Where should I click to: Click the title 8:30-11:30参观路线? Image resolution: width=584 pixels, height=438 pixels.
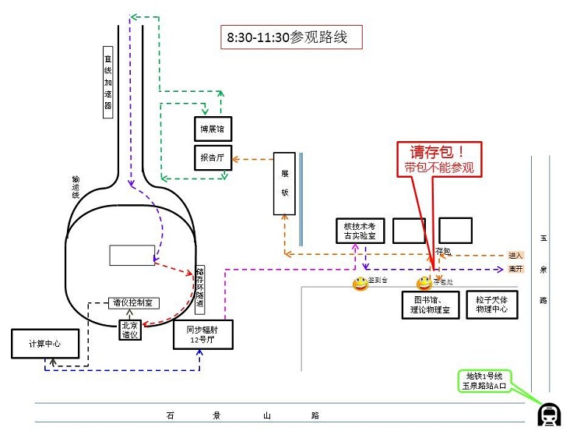pyautogui.click(x=292, y=37)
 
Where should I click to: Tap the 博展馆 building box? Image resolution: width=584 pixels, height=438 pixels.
pyautogui.click(x=212, y=128)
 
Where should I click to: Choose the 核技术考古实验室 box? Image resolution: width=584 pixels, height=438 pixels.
pyautogui.click(x=360, y=229)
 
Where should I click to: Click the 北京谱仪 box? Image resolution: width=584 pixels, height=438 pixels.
pyautogui.click(x=130, y=330)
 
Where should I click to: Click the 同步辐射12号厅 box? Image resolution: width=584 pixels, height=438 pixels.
pyautogui.click(x=202, y=334)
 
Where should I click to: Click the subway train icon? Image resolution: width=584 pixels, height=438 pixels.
pyautogui.click(x=551, y=415)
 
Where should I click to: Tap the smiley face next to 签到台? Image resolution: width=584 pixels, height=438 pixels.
pyautogui.click(x=361, y=284)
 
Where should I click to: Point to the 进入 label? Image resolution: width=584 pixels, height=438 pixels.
pyautogui.click(x=515, y=255)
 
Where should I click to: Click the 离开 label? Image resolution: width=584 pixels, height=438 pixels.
pyautogui.click(x=515, y=269)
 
